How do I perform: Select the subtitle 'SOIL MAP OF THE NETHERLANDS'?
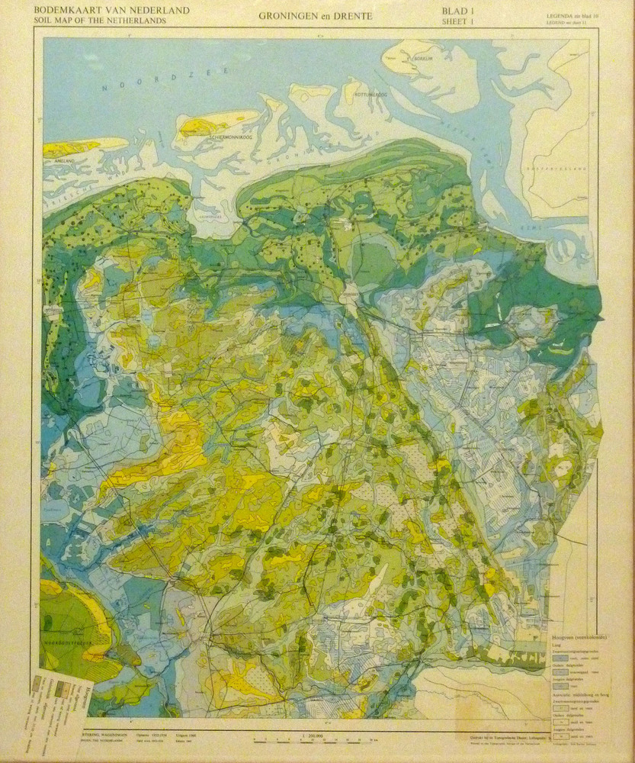[x=99, y=21]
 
